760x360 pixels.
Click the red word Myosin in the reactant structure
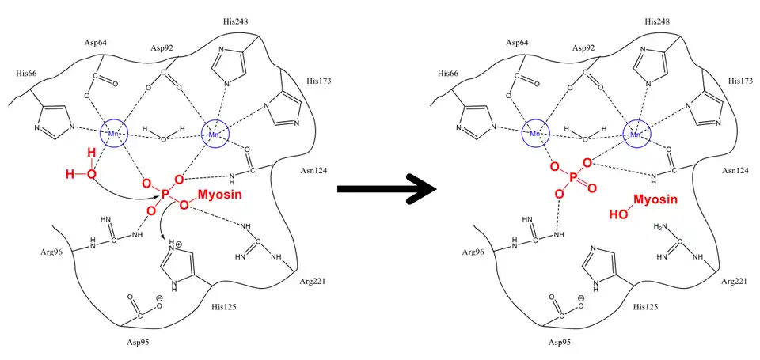[220, 194]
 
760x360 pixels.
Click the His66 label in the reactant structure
[27, 73]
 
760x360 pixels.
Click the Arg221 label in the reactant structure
[312, 280]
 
